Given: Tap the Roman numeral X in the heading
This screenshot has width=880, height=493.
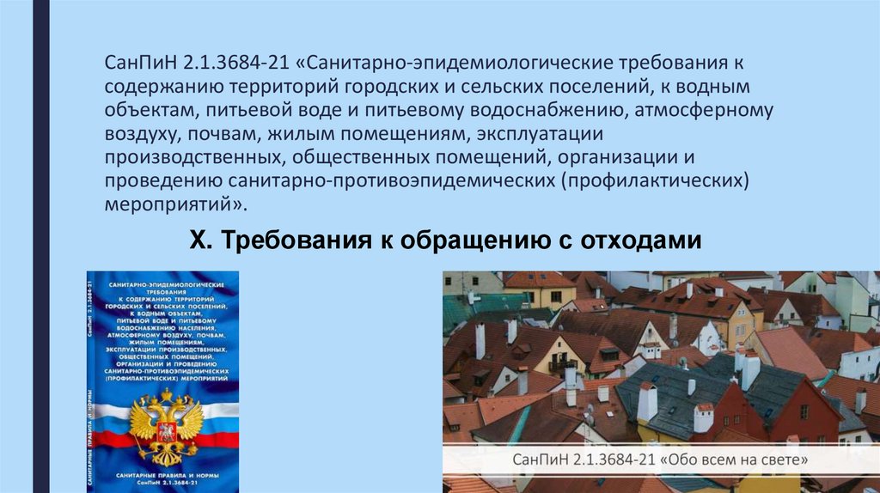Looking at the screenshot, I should [195, 241].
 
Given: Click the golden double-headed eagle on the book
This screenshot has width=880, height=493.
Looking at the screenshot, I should [166, 421].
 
